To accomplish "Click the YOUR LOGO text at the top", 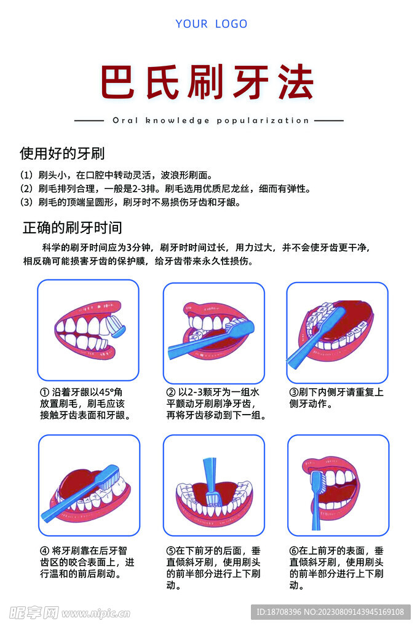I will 211,24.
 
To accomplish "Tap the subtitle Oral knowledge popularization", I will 210,121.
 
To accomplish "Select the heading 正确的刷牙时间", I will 72,227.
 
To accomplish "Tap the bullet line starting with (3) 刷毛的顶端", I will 130,202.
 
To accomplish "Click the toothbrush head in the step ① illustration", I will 115,326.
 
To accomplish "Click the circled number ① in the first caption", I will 44,392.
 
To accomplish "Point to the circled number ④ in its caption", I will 44,550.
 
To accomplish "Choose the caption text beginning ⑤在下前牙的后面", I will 213,568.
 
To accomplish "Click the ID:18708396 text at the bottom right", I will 330,612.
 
